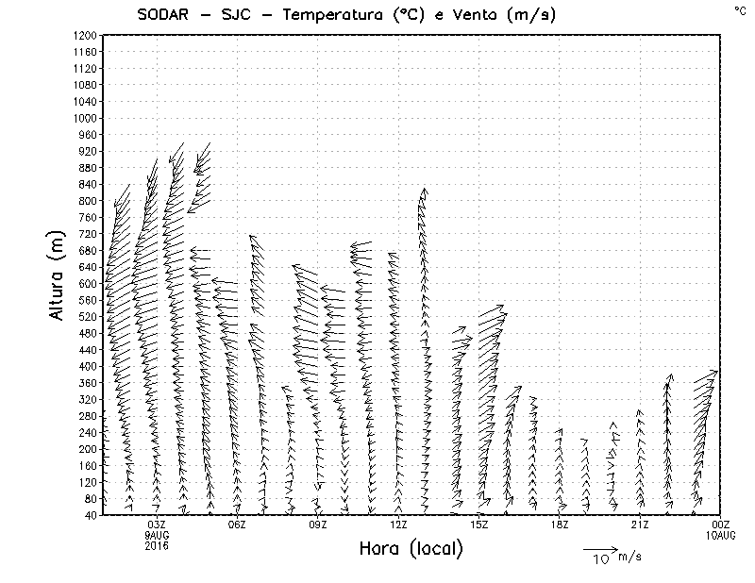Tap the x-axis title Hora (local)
[x=411, y=548]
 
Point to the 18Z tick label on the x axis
[x=560, y=525]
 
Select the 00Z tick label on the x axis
[x=721, y=525]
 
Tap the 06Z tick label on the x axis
[x=237, y=525]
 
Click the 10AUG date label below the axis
[x=721, y=535]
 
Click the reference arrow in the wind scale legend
[x=599, y=548]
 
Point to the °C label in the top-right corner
[x=740, y=9]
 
